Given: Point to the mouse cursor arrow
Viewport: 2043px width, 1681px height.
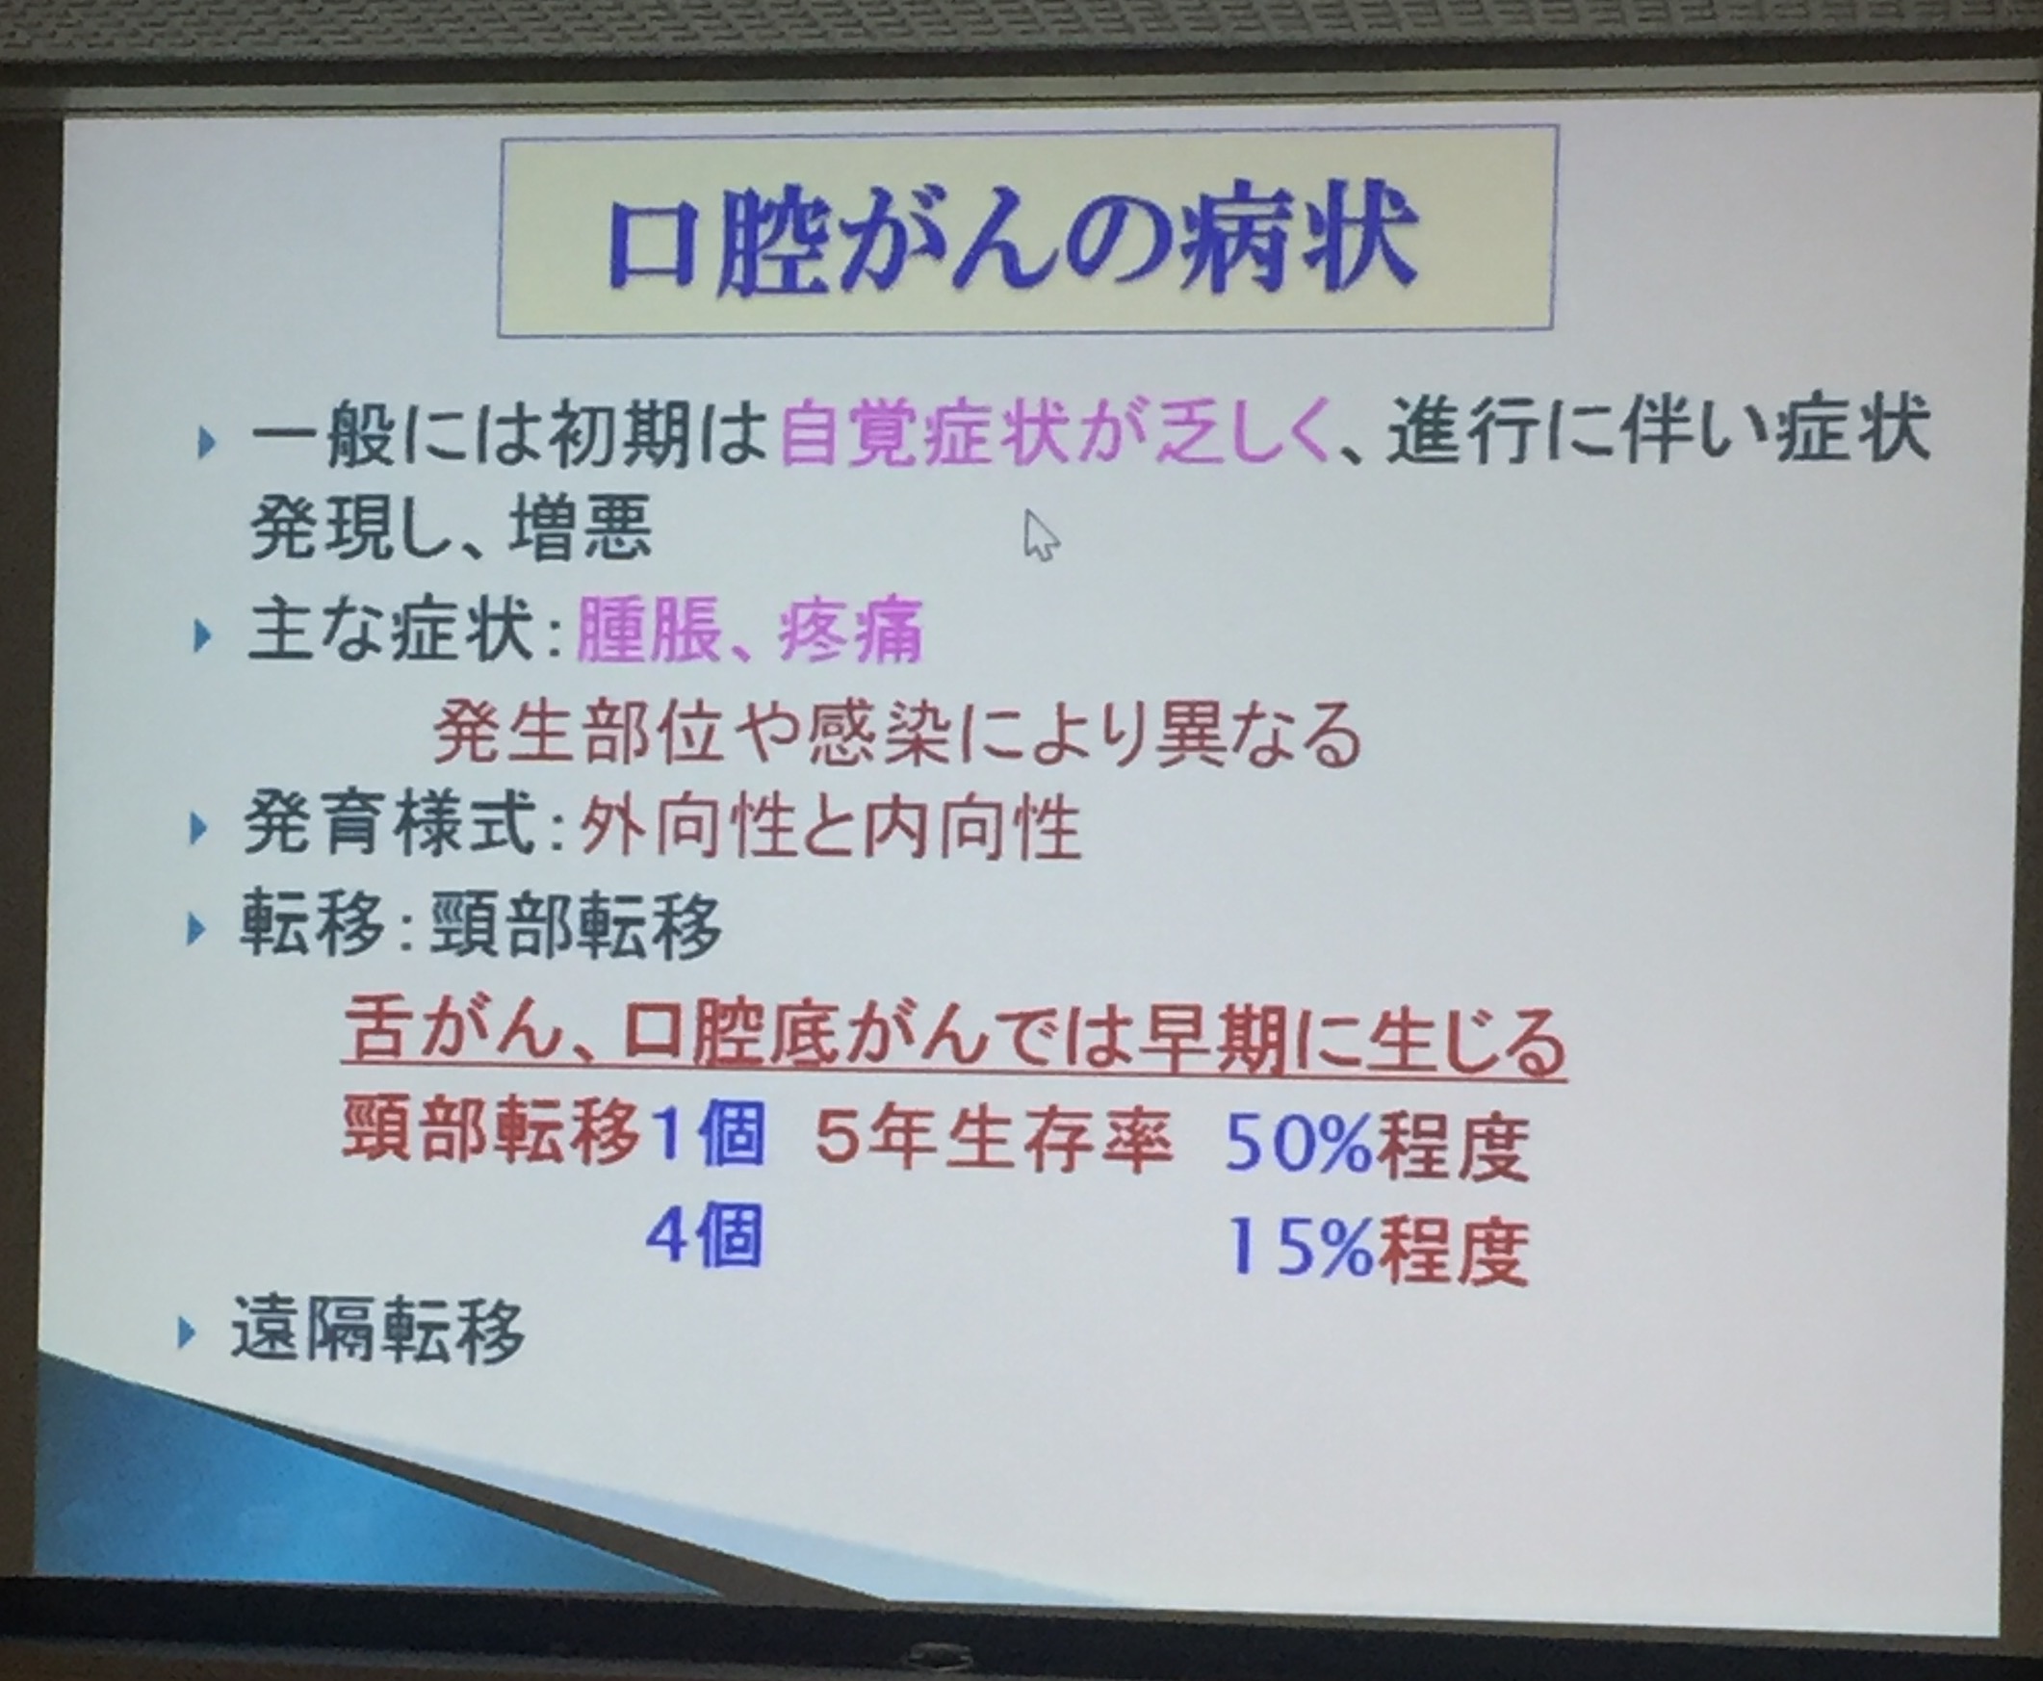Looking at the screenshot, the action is click(x=1041, y=535).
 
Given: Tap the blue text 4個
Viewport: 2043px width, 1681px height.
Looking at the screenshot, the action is click(x=704, y=1236).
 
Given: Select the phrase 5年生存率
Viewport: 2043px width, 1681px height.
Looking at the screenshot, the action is click(x=994, y=1140).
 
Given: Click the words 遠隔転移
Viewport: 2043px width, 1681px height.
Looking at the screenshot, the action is click(x=377, y=1332).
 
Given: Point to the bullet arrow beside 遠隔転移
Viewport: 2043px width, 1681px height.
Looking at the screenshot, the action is click(x=187, y=1334).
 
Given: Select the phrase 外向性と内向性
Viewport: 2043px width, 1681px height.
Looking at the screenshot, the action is click(x=830, y=828).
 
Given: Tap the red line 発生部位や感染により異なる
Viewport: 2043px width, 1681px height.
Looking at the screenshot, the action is click(x=896, y=733).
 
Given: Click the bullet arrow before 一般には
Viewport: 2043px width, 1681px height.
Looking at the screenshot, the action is click(x=206, y=444).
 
